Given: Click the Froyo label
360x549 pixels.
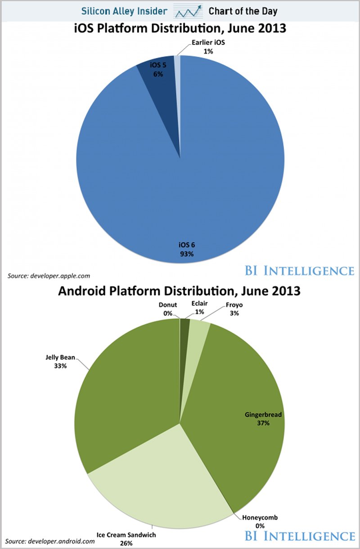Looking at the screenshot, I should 233,309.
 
